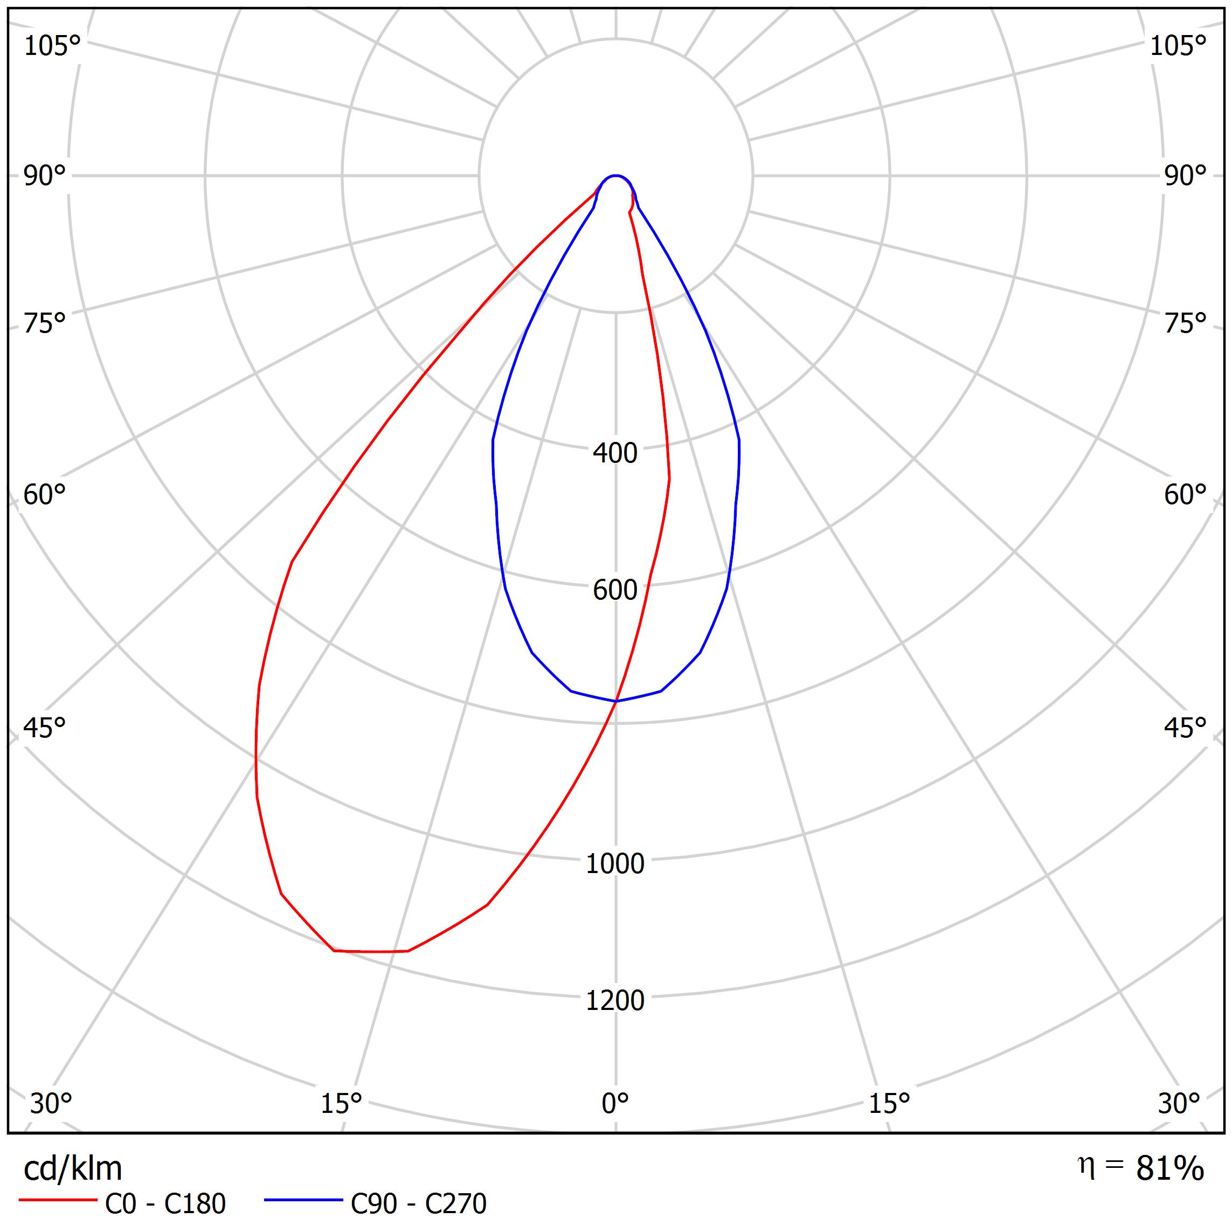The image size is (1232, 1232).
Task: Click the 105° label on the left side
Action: pyautogui.click(x=52, y=46)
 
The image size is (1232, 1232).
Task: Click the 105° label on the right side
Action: pyautogui.click(x=1178, y=46)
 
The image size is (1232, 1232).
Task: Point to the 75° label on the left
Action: pyautogui.click(x=45, y=323)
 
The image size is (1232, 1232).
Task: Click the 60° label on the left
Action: pyautogui.click(x=45, y=495)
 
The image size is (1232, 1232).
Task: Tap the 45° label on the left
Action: pyautogui.click(x=45, y=728)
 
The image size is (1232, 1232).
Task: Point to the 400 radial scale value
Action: pyautogui.click(x=615, y=453)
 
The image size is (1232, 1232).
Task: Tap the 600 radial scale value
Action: pyautogui.click(x=615, y=590)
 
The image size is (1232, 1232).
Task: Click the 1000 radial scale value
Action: pyautogui.click(x=615, y=863)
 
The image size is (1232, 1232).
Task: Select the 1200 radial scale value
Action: pyautogui.click(x=615, y=1000)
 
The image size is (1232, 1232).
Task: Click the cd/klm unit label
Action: pyautogui.click(x=73, y=1169)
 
